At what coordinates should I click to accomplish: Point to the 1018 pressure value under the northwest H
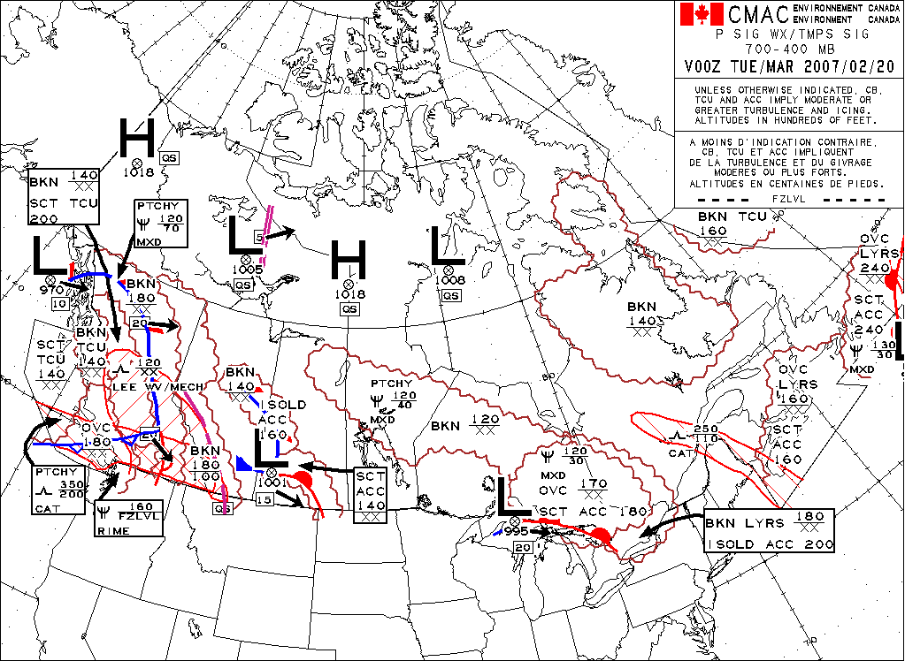(138, 173)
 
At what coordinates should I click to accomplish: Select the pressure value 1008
(449, 280)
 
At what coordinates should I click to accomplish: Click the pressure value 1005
(249, 270)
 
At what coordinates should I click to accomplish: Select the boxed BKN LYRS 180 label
(769, 530)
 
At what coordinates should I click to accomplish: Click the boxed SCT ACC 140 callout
(371, 492)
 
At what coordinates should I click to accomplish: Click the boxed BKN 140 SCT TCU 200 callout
(64, 197)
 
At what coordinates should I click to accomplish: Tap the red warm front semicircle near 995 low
(601, 536)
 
